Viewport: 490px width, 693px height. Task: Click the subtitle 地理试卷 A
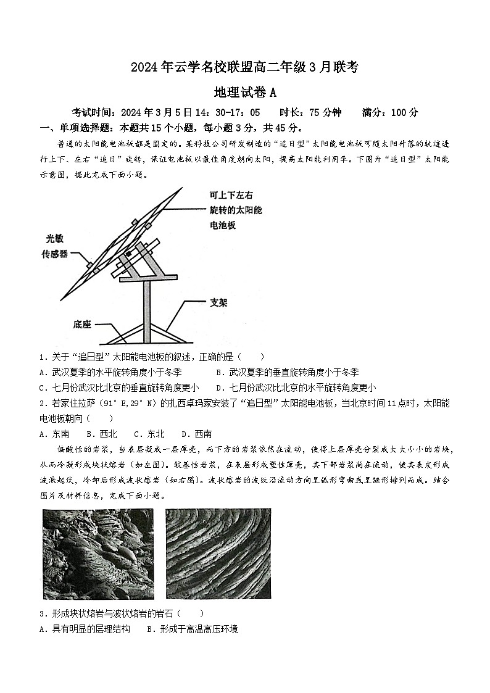tap(244, 92)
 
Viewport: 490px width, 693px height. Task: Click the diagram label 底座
tap(82, 323)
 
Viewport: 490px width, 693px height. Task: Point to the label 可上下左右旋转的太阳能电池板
tap(236, 210)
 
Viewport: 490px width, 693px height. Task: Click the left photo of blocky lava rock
tap(98, 554)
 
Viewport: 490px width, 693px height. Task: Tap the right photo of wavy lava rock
tap(218, 554)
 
